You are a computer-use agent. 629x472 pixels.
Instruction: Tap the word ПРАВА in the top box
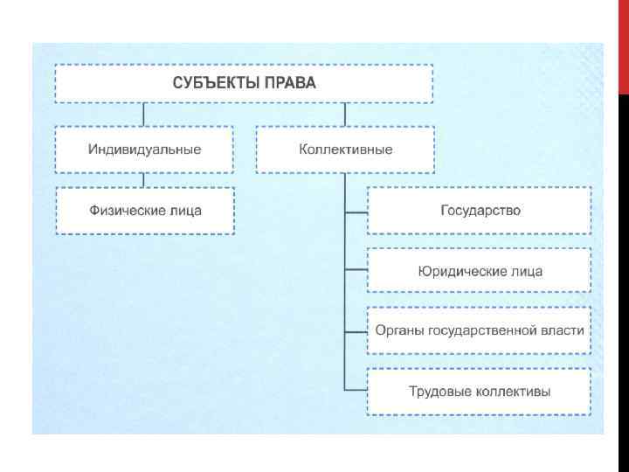click(x=290, y=84)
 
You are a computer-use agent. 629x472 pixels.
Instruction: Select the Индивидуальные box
click(x=144, y=149)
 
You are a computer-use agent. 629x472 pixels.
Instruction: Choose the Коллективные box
click(x=345, y=149)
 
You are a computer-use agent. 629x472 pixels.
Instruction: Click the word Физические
click(x=125, y=211)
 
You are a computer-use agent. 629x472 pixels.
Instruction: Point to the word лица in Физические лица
click(x=184, y=211)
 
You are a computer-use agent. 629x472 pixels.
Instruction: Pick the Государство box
click(x=480, y=211)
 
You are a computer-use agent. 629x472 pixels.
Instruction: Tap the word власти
click(x=564, y=331)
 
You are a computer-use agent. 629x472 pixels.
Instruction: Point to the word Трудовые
click(x=439, y=392)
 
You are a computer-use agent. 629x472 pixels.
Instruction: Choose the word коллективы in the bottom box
click(x=513, y=392)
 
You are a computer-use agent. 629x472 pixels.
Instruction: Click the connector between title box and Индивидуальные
click(x=144, y=115)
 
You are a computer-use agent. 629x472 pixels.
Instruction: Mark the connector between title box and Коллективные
click(x=345, y=115)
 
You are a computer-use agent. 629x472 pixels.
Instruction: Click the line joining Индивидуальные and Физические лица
click(x=144, y=180)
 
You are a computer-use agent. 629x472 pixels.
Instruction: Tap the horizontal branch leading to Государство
click(x=356, y=211)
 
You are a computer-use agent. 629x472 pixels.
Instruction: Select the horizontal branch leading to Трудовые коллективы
click(x=356, y=390)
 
